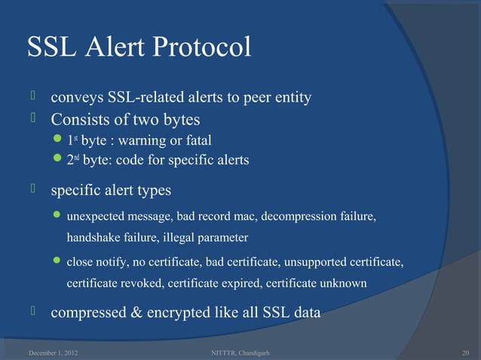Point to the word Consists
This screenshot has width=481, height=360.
(x=80, y=119)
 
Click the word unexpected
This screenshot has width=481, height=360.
(x=96, y=218)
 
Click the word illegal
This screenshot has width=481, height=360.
(x=176, y=237)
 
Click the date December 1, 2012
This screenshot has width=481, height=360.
(x=51, y=352)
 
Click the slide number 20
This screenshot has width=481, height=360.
(x=464, y=352)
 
